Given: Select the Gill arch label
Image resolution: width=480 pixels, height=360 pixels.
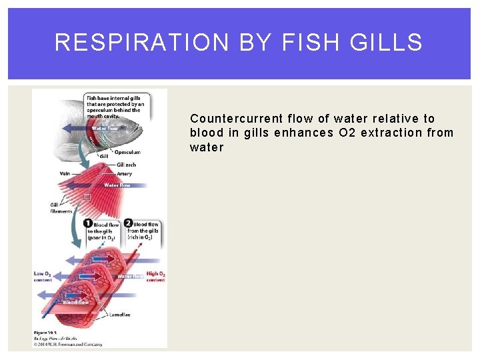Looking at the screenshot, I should [x=126, y=164].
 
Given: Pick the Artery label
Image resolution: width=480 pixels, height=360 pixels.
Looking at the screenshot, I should [x=124, y=174].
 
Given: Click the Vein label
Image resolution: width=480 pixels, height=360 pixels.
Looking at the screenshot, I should [x=65, y=174].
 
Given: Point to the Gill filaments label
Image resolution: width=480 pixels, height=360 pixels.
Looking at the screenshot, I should [x=61, y=208].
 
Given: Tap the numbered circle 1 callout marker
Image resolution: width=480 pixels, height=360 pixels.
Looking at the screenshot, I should [x=88, y=224].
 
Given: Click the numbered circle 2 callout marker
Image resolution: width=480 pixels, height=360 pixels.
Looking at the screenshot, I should [x=128, y=224].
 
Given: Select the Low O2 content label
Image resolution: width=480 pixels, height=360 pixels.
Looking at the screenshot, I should [x=43, y=277].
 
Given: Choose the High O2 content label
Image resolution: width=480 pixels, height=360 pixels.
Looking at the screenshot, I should [x=155, y=277].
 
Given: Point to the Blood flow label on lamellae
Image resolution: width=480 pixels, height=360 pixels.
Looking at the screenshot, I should [x=75, y=302].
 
